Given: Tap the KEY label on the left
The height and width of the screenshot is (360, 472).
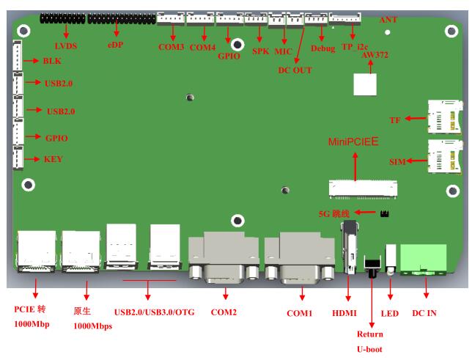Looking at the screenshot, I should pyautogui.click(x=54, y=158).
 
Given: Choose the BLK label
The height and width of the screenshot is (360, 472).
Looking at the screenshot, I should pyautogui.click(x=53, y=63).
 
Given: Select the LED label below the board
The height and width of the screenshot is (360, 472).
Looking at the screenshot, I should pyautogui.click(x=389, y=313).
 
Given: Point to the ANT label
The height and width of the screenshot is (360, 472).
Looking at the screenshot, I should pyautogui.click(x=386, y=20).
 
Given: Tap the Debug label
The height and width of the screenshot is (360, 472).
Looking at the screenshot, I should pyautogui.click(x=322, y=48).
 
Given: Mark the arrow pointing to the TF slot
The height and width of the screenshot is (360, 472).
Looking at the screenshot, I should pyautogui.click(x=415, y=118).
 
